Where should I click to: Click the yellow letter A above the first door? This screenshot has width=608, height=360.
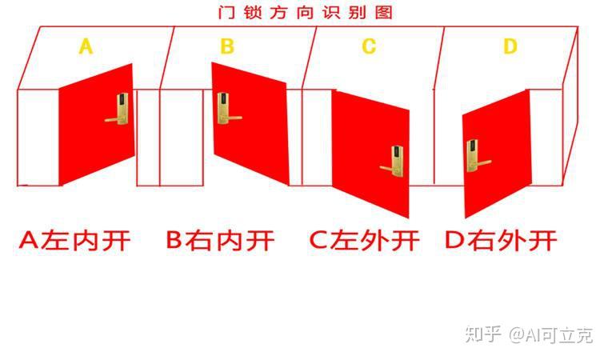(x=86, y=47)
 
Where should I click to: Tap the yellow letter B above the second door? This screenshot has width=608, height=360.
(x=227, y=47)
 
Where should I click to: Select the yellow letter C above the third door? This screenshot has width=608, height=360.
(x=368, y=47)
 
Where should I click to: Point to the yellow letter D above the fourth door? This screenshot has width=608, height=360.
(x=510, y=47)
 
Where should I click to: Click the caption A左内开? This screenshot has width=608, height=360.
(x=74, y=240)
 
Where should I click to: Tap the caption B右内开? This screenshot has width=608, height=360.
(x=220, y=240)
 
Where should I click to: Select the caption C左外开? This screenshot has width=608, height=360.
(x=364, y=240)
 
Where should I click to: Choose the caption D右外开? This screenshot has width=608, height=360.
(x=501, y=240)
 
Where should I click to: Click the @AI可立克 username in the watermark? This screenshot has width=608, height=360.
(x=552, y=334)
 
